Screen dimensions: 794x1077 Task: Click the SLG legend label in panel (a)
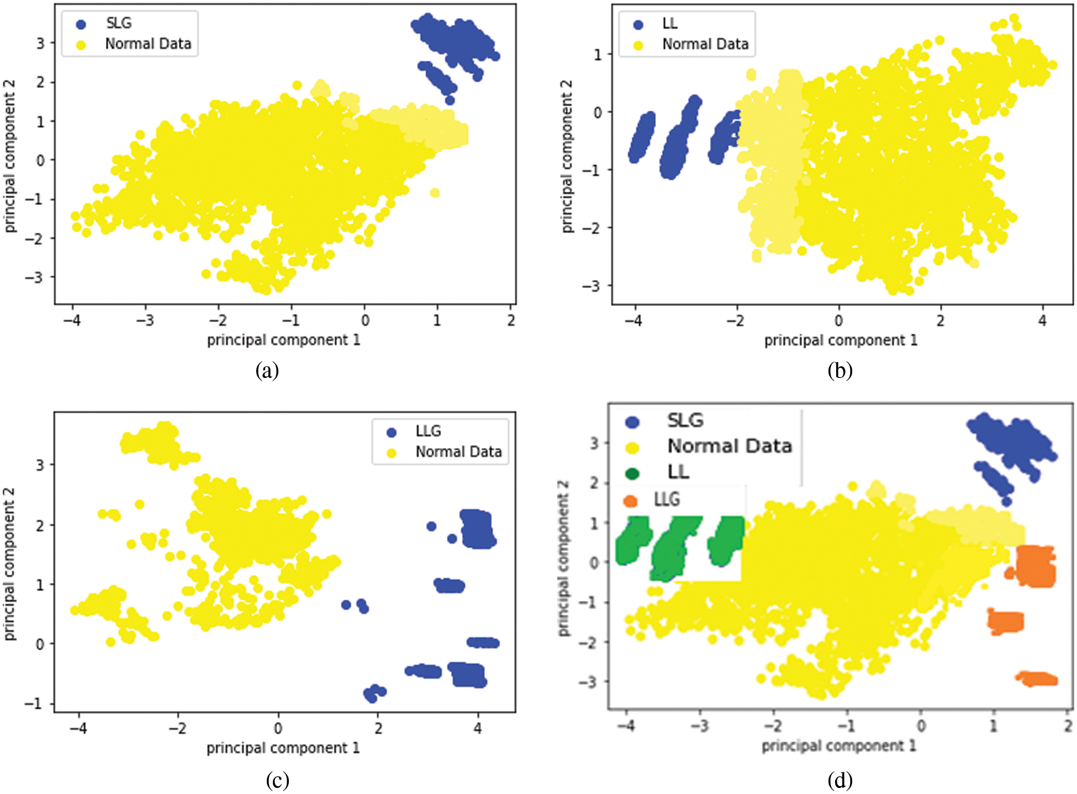coord(119,23)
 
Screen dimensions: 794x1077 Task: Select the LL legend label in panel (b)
coord(669,23)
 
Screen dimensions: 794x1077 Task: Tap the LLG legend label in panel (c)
coord(428,431)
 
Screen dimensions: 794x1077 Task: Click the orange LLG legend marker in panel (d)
coord(630,501)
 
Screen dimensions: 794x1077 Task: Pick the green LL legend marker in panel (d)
coord(632,474)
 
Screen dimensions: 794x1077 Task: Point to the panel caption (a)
coord(267,370)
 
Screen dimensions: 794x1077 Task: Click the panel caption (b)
coord(840,370)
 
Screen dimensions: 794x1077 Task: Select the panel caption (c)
coord(277,780)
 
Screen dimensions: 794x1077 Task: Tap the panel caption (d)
coord(840,780)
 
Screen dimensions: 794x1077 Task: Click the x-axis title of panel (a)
coord(283,340)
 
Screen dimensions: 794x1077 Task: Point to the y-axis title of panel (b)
coord(567,156)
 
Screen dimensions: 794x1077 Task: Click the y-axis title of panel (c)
coord(9,564)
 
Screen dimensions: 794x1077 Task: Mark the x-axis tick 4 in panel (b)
coord(1042,320)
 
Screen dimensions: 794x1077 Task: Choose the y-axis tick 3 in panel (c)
coord(40,465)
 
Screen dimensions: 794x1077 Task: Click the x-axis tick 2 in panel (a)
coord(511,320)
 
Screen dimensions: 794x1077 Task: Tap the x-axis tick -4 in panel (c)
coord(78,728)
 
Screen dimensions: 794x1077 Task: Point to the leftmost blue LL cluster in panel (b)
coord(642,137)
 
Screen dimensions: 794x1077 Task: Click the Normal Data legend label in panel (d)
coord(729,446)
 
